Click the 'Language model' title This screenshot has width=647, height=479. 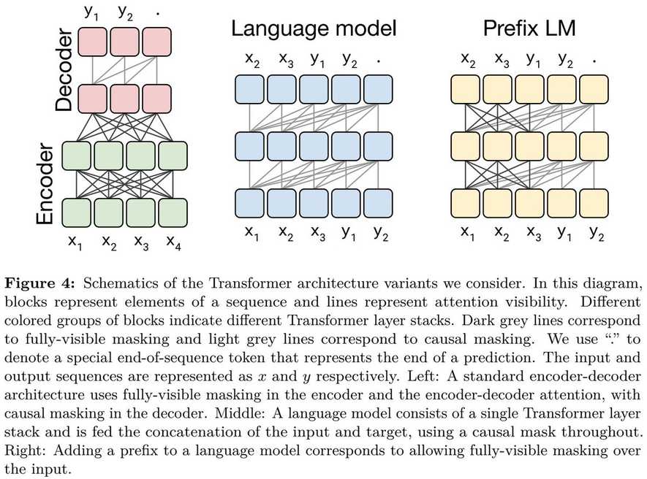[314, 28]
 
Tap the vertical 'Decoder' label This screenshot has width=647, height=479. [65, 71]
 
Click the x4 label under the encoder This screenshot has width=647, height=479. [173, 241]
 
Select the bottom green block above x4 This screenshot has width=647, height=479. [173, 212]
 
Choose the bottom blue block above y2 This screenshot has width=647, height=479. [377, 202]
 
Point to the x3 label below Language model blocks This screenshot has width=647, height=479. [317, 233]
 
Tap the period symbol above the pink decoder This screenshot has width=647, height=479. [158, 12]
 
